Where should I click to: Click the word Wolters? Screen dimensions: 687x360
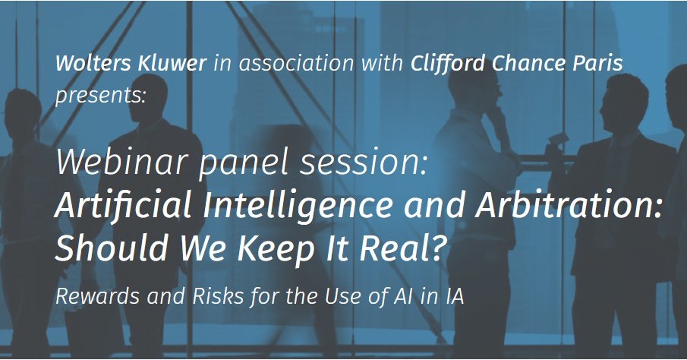93,63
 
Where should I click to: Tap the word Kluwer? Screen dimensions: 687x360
172,63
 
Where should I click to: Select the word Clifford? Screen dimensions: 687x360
448,63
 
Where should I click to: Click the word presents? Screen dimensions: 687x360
100,96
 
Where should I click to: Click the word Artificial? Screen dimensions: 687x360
123,205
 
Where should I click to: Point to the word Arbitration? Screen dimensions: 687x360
568,205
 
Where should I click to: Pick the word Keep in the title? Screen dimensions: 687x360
276,249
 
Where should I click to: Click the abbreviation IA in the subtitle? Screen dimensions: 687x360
455,296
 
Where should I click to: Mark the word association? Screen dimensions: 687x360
296,63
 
